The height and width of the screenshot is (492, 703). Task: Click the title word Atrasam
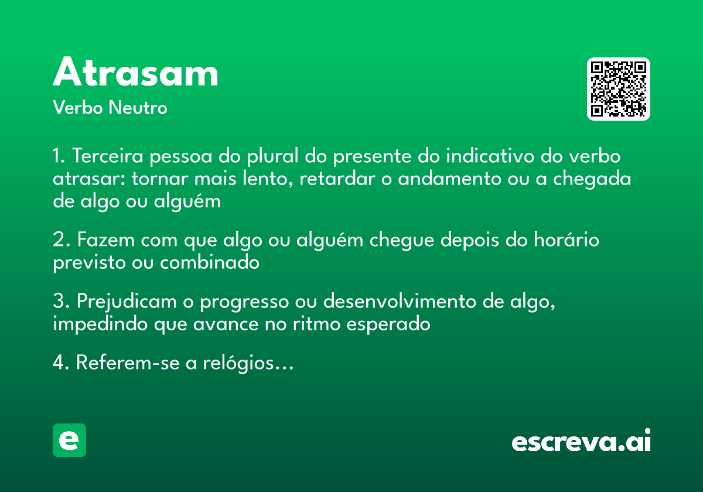tap(135, 73)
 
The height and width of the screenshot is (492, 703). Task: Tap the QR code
tap(619, 89)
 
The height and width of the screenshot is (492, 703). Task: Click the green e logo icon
tap(69, 440)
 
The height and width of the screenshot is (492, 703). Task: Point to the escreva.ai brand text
tap(581, 442)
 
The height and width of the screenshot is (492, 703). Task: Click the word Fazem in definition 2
tap(105, 240)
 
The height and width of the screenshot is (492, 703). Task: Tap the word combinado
tap(210, 262)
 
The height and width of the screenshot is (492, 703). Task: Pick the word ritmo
tap(316, 323)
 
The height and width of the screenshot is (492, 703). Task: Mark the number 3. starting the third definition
tap(60, 302)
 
